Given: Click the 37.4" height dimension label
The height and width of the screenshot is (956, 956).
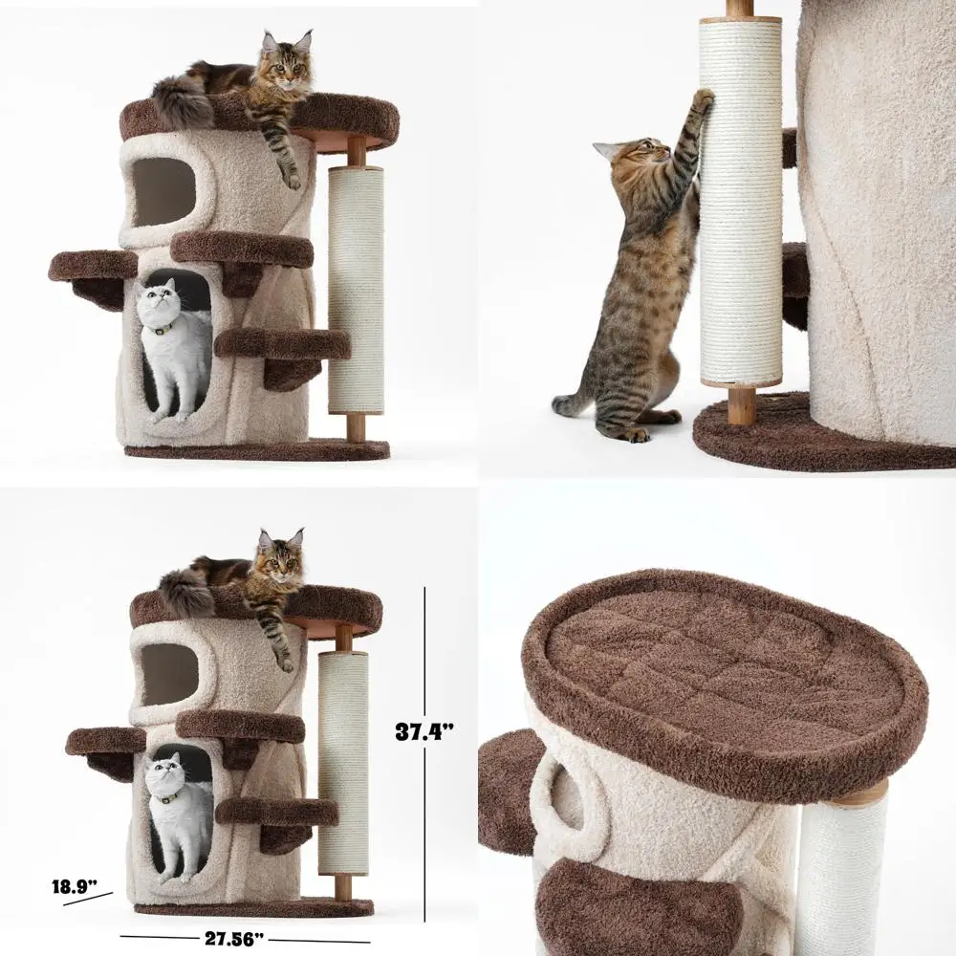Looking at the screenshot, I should click(424, 731).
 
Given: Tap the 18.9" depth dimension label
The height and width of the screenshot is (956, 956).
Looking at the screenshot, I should click(75, 886).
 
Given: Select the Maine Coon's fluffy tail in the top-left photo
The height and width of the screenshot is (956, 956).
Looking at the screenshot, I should click(183, 103).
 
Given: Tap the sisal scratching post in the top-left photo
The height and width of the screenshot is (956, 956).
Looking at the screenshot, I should click(356, 287).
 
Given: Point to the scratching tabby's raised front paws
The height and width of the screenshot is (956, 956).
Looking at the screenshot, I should click(703, 100).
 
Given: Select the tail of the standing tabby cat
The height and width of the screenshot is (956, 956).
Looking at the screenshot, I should click(572, 403).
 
